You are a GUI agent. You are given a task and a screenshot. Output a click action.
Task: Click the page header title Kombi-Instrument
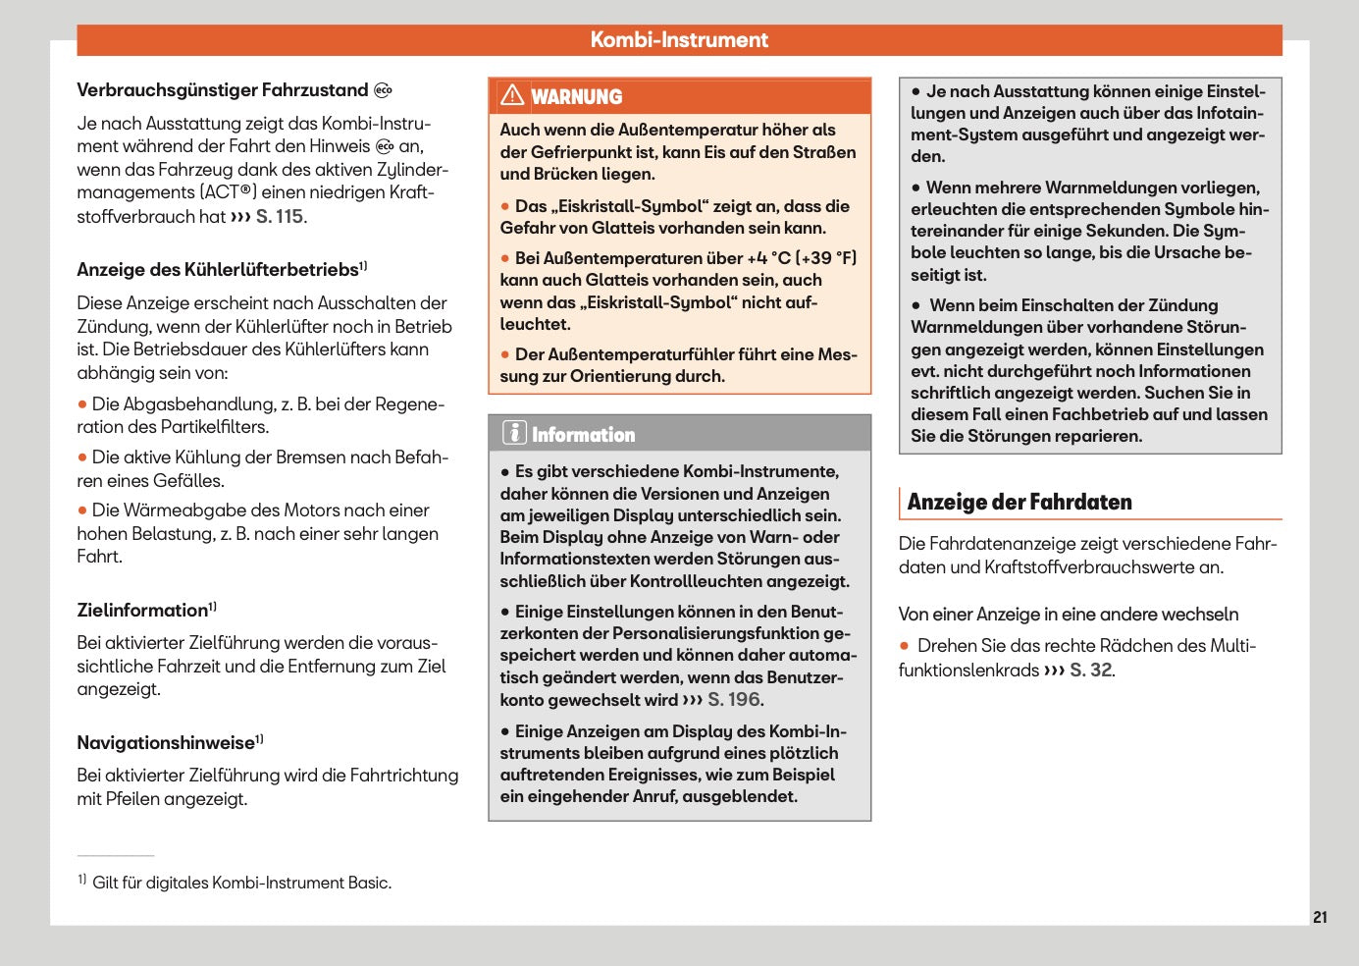pos(679,40)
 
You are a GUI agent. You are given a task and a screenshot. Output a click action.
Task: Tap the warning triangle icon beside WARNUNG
pos(512,95)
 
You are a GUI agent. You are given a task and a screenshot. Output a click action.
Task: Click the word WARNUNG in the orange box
pos(577,97)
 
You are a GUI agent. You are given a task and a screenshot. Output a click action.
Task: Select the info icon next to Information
pos(514,433)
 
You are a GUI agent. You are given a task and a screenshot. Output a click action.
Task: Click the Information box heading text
pos(583,435)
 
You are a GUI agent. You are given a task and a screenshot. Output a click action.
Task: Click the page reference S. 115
pos(280,217)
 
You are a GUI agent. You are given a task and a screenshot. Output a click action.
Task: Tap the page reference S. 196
pos(734,700)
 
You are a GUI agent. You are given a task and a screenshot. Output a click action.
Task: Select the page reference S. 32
pos(1090,671)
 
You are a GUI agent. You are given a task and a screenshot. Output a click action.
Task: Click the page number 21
pos(1320,917)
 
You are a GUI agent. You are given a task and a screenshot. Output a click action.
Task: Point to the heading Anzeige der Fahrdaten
pos(1019,503)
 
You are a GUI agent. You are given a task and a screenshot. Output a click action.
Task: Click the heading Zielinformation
pos(142,611)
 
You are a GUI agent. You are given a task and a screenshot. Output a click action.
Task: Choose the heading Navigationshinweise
pos(166,743)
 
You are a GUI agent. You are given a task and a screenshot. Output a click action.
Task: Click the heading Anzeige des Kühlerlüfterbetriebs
pos(218,270)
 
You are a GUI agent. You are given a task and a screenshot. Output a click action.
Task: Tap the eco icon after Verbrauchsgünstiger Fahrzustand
pos(383,90)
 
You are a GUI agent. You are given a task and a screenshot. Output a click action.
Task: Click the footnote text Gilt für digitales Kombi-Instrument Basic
pos(241,883)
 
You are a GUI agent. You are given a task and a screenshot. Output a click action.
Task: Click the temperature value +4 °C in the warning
pos(768,258)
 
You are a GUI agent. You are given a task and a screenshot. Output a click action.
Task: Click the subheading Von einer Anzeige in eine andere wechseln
pos(1068,615)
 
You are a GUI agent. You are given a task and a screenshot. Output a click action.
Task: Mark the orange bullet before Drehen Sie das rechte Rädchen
pos(905,646)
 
